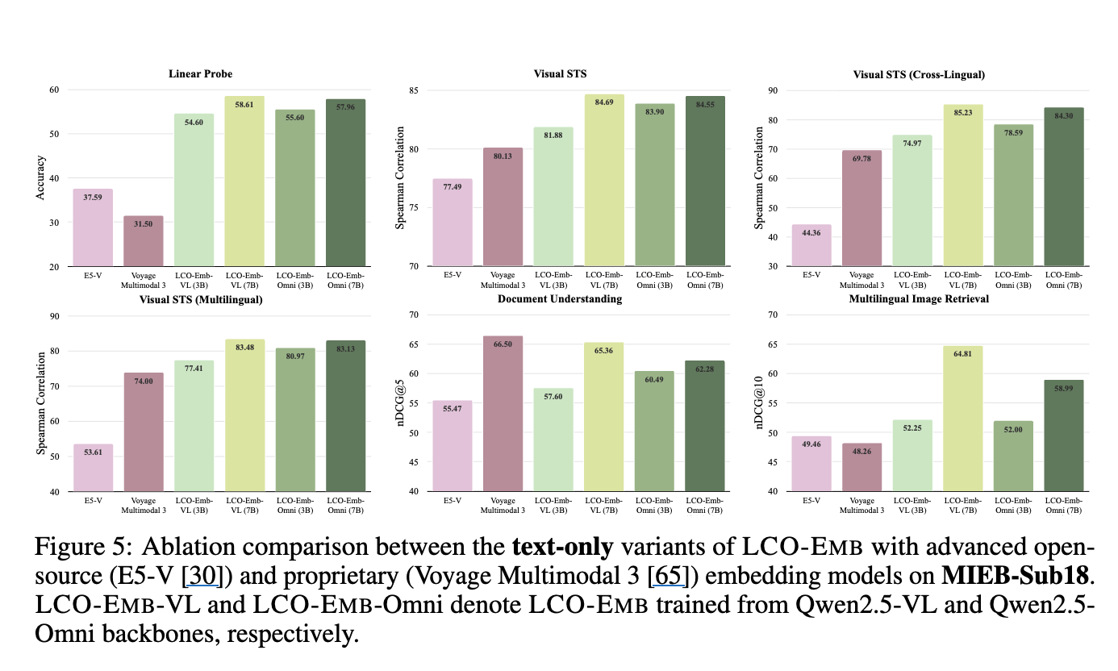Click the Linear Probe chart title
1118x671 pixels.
[x=200, y=74]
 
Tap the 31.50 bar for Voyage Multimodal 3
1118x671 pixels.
[x=144, y=241]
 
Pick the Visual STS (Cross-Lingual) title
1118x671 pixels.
[x=919, y=75]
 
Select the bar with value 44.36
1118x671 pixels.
[x=811, y=245]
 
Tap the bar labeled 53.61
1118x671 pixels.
[x=94, y=468]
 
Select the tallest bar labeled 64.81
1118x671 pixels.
[x=963, y=419]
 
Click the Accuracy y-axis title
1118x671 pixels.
[x=41, y=177]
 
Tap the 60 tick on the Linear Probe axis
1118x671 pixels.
[x=54, y=90]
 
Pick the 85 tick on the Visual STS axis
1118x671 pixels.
[x=415, y=90]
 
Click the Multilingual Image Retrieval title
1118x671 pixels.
[x=919, y=299]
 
